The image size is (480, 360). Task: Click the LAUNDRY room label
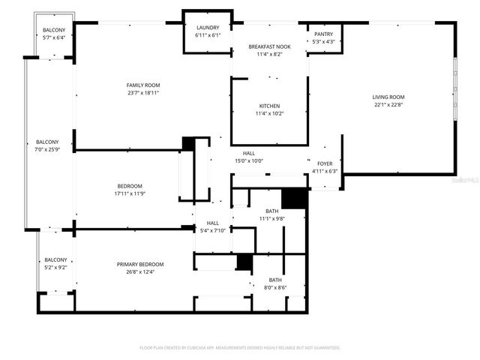pyautogui.click(x=207, y=28)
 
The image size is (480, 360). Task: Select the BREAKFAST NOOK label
pyautogui.click(x=269, y=47)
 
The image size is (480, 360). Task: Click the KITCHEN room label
pyautogui.click(x=269, y=106)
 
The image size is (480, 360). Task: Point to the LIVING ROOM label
pyautogui.click(x=388, y=97)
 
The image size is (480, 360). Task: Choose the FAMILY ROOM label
pyautogui.click(x=143, y=85)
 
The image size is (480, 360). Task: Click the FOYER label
pyautogui.click(x=325, y=163)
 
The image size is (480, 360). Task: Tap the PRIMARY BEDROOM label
pyautogui.click(x=140, y=264)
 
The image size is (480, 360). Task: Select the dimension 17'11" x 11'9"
pyautogui.click(x=130, y=193)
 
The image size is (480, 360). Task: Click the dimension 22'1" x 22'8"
pyautogui.click(x=388, y=104)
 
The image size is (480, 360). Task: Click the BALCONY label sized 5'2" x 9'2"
pyautogui.click(x=55, y=259)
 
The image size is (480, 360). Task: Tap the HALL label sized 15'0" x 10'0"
pyautogui.click(x=249, y=153)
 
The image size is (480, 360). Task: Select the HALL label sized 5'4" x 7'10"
pyautogui.click(x=213, y=223)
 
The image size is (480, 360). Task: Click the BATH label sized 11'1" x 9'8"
pyautogui.click(x=271, y=211)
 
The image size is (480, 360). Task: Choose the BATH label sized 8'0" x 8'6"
pyautogui.click(x=275, y=280)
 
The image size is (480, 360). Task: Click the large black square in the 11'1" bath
pyautogui.click(x=295, y=197)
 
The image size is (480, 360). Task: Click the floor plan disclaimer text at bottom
pyautogui.click(x=240, y=348)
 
